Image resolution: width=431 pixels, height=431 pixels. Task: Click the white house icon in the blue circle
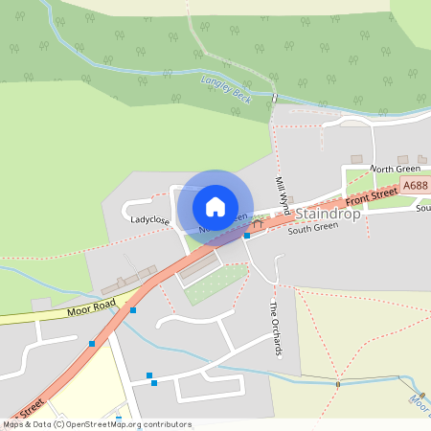click(x=215, y=207)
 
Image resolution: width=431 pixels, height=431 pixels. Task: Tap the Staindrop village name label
click(x=329, y=215)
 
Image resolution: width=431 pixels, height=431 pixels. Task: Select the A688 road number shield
click(x=415, y=186)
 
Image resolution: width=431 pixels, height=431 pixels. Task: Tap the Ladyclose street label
click(x=150, y=220)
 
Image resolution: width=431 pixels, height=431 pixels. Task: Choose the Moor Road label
click(x=91, y=308)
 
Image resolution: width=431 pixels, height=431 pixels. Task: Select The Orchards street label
click(x=275, y=329)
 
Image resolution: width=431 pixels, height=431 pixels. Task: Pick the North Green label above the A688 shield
click(x=395, y=169)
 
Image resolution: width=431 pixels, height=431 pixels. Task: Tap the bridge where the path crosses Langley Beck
click(x=275, y=98)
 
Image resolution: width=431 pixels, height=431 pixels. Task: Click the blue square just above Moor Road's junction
click(x=133, y=310)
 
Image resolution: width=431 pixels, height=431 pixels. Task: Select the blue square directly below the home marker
click(x=247, y=235)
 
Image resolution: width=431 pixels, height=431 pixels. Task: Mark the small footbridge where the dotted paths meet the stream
click(x=338, y=384)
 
